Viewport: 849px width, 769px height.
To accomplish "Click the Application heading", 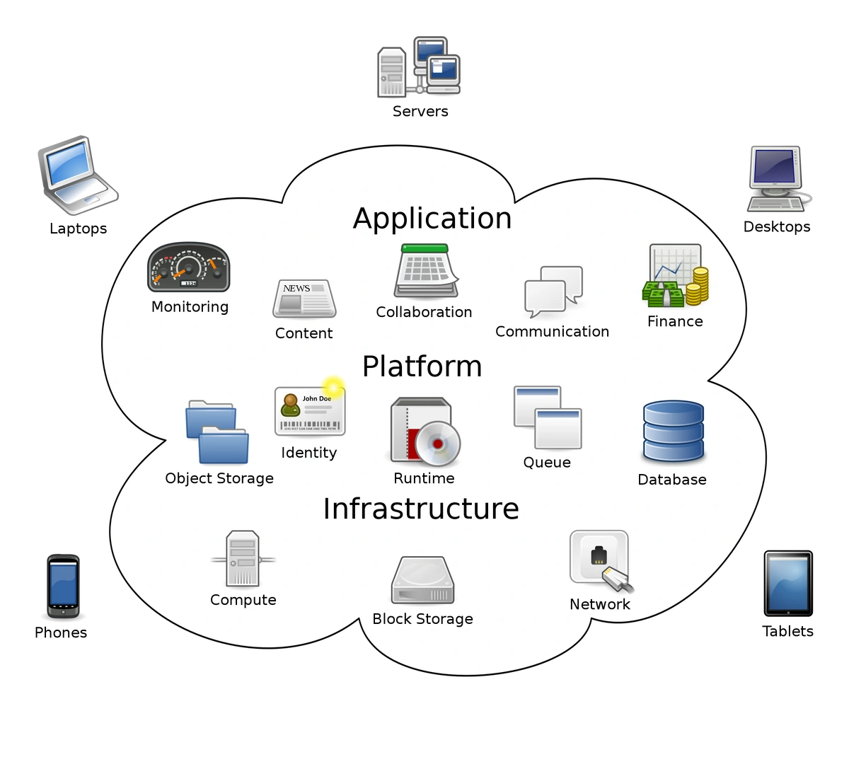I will tap(432, 219).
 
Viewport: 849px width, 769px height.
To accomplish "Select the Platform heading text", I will tap(422, 367).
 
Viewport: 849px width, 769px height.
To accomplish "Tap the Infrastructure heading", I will tap(421, 509).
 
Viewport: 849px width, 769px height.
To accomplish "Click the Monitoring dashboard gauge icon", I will tap(189, 268).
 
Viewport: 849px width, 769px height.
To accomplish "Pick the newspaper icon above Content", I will tap(304, 298).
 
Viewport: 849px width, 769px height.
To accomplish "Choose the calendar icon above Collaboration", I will tap(424, 272).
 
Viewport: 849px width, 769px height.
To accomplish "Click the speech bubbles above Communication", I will tap(553, 291).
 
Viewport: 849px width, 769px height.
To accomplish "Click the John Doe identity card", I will tap(309, 411).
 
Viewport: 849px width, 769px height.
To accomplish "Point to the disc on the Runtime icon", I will tap(437, 444).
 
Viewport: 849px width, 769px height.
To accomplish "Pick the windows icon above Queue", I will tap(547, 417).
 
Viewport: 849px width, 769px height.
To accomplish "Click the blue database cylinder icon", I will tap(673, 432).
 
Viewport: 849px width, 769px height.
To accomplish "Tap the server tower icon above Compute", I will tap(243, 560).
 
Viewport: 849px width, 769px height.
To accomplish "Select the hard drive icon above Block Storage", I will tap(422, 581).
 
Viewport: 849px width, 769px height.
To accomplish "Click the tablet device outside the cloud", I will tap(787, 583).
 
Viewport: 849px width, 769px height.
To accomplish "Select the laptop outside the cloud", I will tap(75, 174).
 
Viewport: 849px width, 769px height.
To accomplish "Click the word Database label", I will tap(671, 480).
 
